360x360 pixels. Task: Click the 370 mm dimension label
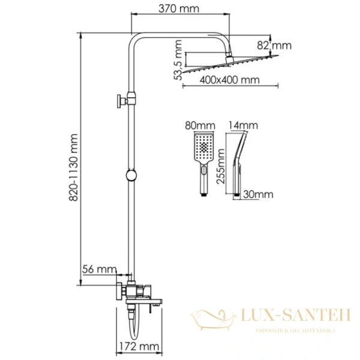coord(167,8)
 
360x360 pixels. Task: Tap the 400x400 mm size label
coord(230,80)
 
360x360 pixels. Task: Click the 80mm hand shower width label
coord(200,126)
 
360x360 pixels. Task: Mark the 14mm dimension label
coord(243,125)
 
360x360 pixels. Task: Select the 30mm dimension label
coord(259,194)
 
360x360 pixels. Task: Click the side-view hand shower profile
coord(238,162)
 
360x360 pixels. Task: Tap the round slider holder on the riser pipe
coord(130,176)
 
